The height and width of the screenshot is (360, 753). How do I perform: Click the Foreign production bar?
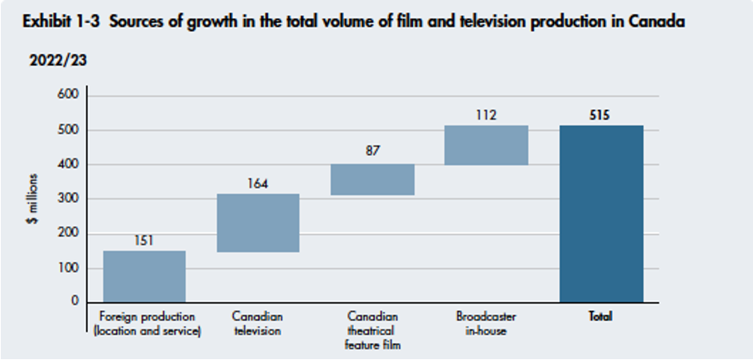pyautogui.click(x=143, y=276)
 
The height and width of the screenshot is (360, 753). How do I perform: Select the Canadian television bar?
pyautogui.click(x=258, y=222)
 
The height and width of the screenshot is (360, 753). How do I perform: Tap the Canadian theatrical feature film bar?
pyautogui.click(x=372, y=179)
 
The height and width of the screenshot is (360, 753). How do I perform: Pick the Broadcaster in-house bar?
pyautogui.click(x=486, y=145)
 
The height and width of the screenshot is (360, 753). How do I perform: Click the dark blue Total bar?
pyautogui.click(x=600, y=214)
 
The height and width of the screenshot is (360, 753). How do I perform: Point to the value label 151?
pyautogui.click(x=143, y=241)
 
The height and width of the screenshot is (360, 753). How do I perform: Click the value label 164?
pyautogui.click(x=258, y=183)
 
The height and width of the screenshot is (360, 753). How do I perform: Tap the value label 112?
pyautogui.click(x=486, y=115)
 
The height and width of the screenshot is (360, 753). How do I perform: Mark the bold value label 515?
pyautogui.click(x=600, y=115)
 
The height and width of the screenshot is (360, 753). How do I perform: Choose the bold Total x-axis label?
pyautogui.click(x=600, y=317)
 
